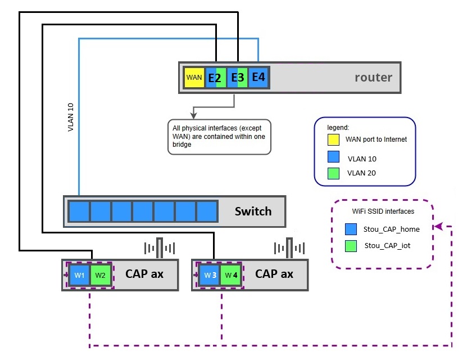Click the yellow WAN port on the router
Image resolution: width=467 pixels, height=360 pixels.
pyautogui.click(x=194, y=78)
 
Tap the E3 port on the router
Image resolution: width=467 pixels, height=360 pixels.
pyautogui.click(x=237, y=78)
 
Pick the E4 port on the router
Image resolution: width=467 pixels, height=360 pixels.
pyautogui.click(x=259, y=77)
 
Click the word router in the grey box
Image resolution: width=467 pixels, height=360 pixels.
pyautogui.click(x=373, y=77)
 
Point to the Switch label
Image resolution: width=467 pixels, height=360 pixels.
pyautogui.click(x=253, y=211)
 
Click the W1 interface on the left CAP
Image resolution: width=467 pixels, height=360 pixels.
pyautogui.click(x=79, y=275)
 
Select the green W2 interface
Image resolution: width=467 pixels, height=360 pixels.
pyautogui.click(x=100, y=275)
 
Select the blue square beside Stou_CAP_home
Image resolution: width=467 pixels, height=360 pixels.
pyautogui.click(x=351, y=229)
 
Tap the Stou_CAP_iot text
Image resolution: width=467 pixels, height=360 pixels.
pyautogui.click(x=387, y=246)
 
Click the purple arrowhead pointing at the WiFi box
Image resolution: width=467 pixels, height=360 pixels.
pyautogui.click(x=439, y=227)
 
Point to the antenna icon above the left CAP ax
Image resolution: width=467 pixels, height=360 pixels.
pyautogui.click(x=160, y=248)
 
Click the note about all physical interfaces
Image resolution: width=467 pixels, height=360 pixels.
pyautogui.click(x=219, y=137)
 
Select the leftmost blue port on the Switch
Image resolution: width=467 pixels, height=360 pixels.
pyautogui.click(x=79, y=211)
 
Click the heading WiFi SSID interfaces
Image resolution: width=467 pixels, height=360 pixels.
pyautogui.click(x=383, y=211)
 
